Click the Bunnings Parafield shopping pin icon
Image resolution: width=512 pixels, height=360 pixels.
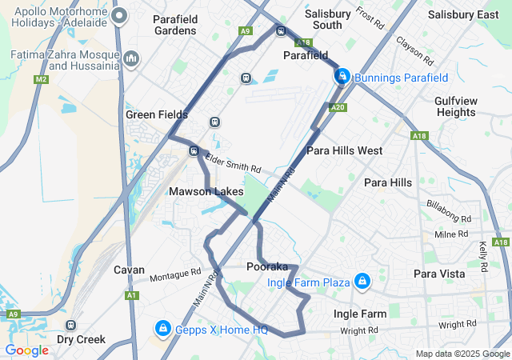tap(342, 76)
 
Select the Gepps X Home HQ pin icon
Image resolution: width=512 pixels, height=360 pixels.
tap(162, 328)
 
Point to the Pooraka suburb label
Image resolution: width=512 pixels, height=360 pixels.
tap(267, 266)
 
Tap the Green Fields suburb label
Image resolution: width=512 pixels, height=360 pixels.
tap(151, 114)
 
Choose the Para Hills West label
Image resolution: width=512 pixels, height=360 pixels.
tap(344, 150)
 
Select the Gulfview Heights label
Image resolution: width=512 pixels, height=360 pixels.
tap(455, 106)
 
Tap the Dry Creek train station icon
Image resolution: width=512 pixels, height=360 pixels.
tap(71, 326)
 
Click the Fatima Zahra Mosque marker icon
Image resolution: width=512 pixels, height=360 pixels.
tap(132, 58)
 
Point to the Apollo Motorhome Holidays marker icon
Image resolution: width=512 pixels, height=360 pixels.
tap(120, 15)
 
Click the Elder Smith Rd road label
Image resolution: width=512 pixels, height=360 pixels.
tap(234, 164)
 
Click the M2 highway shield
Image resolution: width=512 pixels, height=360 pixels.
tap(42, 79)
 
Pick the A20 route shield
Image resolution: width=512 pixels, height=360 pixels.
tap(337, 107)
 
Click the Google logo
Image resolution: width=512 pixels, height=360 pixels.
tap(26, 350)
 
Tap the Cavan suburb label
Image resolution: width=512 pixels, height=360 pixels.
tap(128, 270)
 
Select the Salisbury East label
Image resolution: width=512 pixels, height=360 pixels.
tap(463, 14)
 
